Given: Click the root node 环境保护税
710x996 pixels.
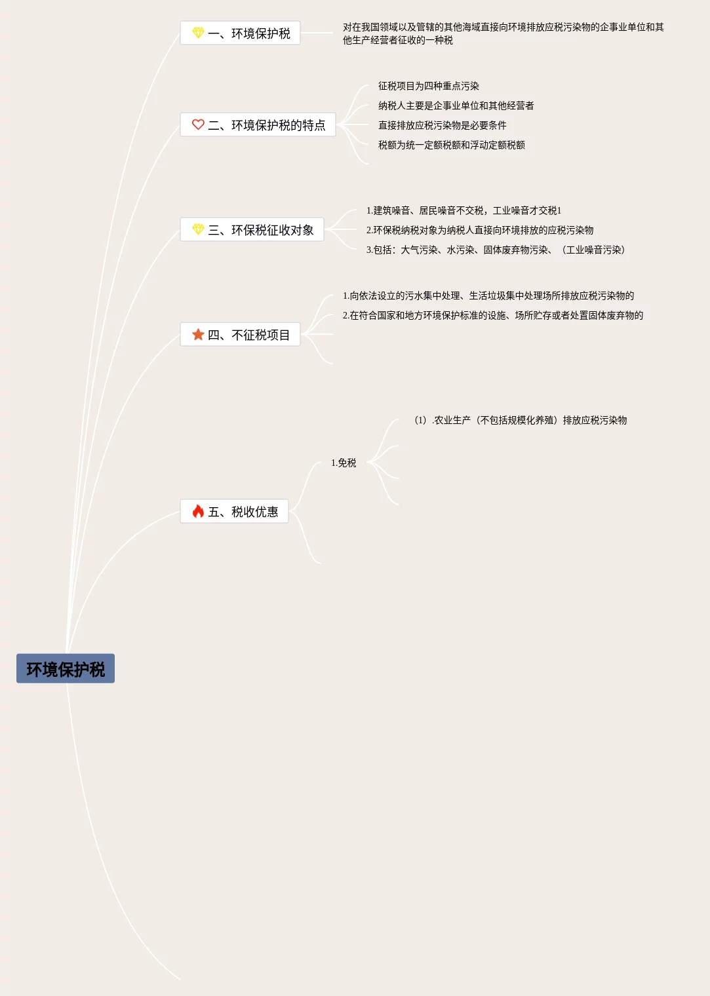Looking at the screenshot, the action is [66, 668].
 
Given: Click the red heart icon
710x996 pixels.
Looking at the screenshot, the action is [198, 125].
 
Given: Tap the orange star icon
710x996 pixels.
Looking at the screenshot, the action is [198, 334].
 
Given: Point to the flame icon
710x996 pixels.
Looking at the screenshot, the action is [198, 511].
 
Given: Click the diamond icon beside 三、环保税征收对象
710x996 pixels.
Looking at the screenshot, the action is [198, 229].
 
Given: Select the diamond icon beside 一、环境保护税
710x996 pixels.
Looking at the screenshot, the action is [198, 33].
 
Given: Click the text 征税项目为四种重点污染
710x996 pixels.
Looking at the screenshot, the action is [428, 86].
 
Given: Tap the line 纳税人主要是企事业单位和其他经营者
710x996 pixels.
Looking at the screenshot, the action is [456, 105].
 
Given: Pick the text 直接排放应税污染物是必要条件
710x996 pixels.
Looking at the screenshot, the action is [442, 125].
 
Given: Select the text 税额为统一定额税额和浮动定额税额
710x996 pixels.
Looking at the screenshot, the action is [451, 145].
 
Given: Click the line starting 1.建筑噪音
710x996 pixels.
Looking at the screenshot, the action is [463, 210].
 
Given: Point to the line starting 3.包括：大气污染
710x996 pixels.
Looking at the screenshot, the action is [496, 250].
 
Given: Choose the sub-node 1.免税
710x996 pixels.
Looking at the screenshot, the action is [344, 463].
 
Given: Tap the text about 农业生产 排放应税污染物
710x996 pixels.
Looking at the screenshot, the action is [521, 420].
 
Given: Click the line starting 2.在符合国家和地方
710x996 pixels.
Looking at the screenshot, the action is [492, 315].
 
